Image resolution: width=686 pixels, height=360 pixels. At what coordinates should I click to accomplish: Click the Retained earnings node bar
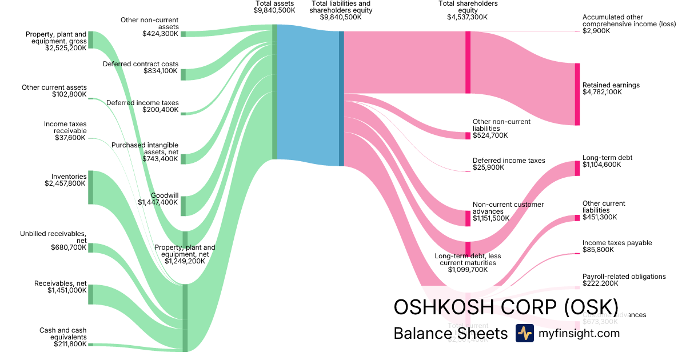tap(577, 94)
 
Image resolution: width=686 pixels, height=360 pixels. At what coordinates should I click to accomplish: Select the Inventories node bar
tap(90, 187)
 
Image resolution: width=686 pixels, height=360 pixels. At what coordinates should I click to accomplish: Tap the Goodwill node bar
tap(184, 206)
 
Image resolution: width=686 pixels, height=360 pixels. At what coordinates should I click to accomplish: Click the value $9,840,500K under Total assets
tap(274, 10)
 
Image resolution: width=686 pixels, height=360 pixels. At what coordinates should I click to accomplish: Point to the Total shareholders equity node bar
tap(468, 62)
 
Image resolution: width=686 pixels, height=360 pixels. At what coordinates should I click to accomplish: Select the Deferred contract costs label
tap(141, 64)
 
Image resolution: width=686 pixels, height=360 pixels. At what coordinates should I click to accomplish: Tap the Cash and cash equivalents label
tap(63, 334)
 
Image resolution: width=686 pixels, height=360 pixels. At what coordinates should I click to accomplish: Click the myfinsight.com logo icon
tap(524, 333)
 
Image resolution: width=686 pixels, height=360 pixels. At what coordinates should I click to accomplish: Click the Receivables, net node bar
tap(90, 294)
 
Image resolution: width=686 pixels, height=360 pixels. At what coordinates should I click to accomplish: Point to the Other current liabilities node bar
tap(577, 218)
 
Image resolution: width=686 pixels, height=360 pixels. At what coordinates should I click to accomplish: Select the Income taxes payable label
tap(617, 243)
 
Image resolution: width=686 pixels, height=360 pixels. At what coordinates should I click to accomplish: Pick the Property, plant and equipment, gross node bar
tap(90, 40)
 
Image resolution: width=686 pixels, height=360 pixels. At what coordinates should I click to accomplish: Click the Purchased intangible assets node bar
tap(184, 159)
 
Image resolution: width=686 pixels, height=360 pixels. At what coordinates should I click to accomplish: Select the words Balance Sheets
tap(450, 334)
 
